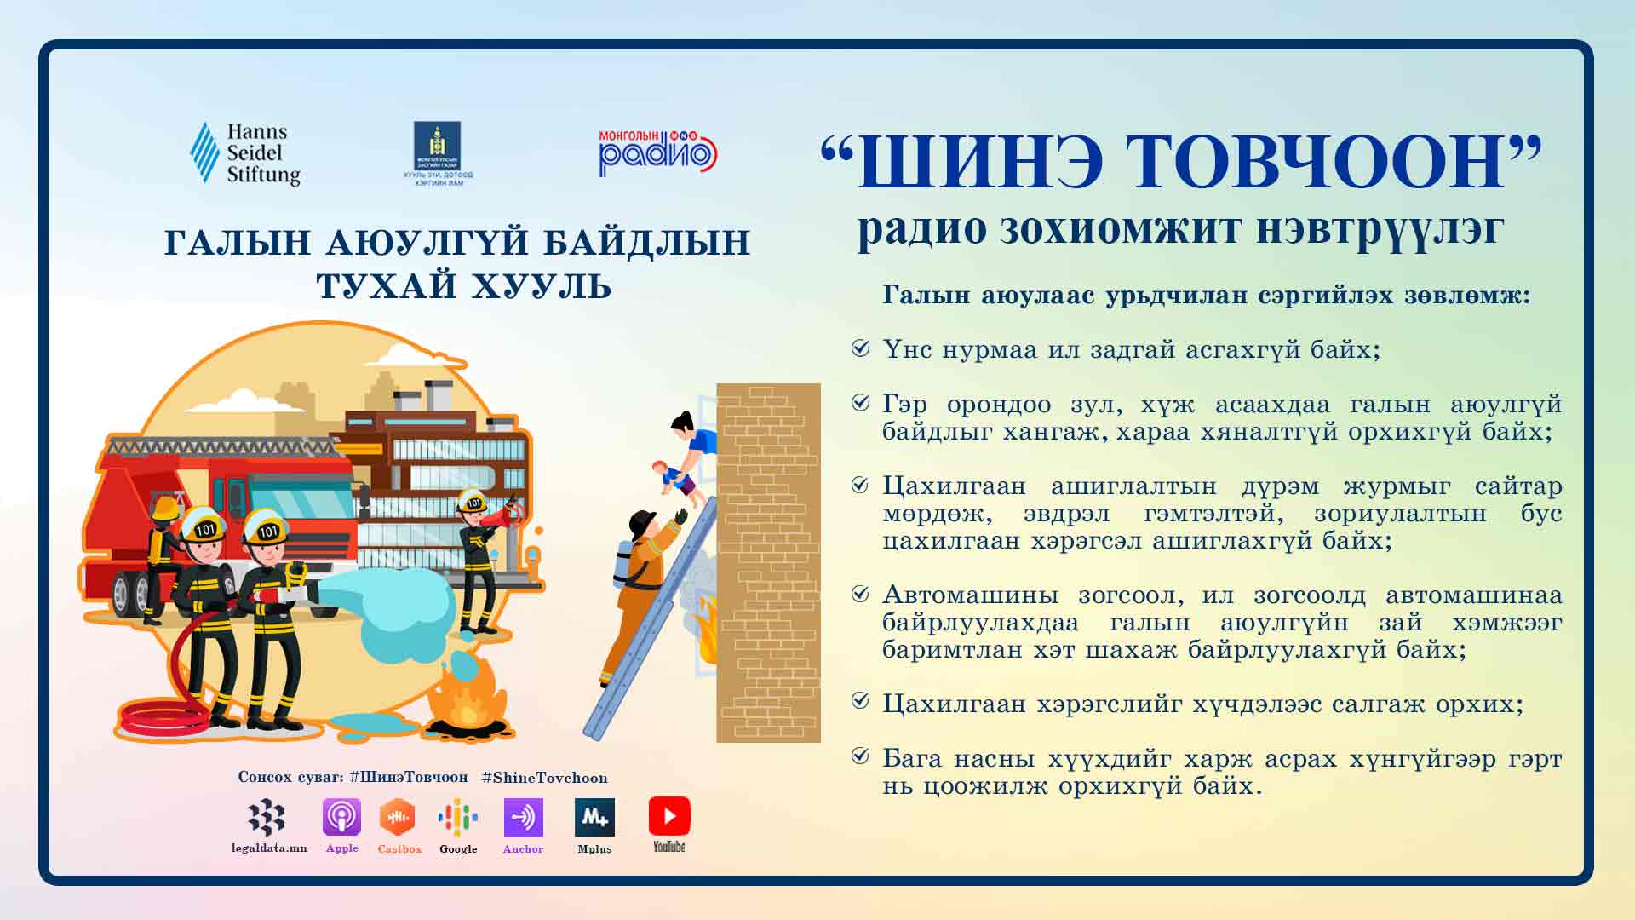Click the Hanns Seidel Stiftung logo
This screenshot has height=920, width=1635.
245,153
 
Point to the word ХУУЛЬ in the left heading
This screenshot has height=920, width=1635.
541,286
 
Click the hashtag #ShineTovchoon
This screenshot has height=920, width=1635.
544,778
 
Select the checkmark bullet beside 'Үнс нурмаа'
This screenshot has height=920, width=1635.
861,348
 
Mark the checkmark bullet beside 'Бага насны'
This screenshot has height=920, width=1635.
861,756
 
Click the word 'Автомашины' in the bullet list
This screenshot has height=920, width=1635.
970,595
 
